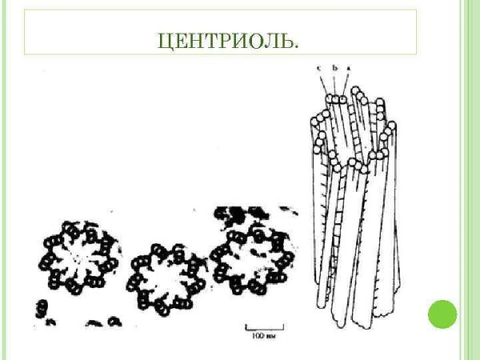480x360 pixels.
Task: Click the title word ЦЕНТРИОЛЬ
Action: click(x=228, y=39)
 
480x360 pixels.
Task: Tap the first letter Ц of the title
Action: click(x=164, y=39)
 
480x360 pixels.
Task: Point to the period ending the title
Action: click(x=297, y=44)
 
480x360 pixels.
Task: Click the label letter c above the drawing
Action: click(x=318, y=69)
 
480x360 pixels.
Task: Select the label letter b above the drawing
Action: click(x=335, y=69)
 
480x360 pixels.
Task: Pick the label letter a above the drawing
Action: click(x=349, y=69)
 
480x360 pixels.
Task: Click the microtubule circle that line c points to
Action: click(x=329, y=100)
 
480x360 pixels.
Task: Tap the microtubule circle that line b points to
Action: click(x=337, y=100)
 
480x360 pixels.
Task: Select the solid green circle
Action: click(x=442, y=314)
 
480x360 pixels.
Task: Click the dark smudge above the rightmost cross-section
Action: click(x=236, y=214)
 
